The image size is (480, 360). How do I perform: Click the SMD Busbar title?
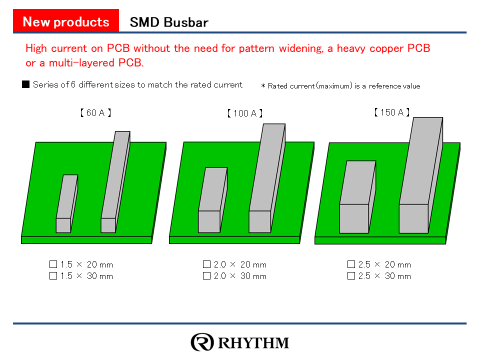point(169,22)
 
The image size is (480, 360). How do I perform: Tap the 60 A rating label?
point(95,112)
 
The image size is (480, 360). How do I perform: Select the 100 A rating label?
point(245,113)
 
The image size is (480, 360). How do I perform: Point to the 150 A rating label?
point(392,112)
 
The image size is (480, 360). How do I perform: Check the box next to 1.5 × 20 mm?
point(53,264)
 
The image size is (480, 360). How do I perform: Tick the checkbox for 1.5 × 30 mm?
point(53,276)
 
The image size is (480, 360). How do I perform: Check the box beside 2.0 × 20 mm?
point(207,264)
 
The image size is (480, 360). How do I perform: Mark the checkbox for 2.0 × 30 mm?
point(207,276)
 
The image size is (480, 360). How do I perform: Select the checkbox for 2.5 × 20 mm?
point(351,264)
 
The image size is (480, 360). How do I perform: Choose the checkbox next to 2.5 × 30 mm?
point(351,276)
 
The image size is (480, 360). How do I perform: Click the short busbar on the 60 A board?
point(66,203)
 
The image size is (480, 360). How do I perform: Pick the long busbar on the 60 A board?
point(115,182)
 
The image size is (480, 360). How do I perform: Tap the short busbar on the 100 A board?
point(213,200)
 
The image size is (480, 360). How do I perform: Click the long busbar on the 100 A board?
point(267,178)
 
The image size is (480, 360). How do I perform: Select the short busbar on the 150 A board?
point(357,197)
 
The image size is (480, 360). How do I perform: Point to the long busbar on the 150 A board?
point(421,175)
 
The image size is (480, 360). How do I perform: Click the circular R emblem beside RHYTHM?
point(202,342)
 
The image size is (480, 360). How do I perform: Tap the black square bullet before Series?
point(25,84)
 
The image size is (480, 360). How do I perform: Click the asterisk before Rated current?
point(263,86)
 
